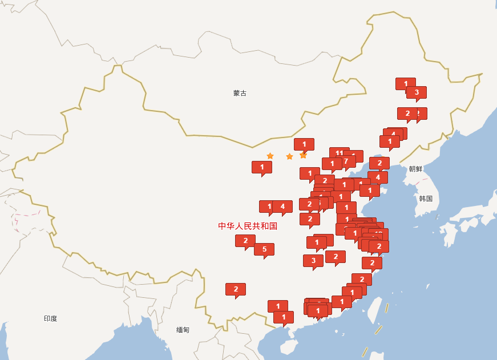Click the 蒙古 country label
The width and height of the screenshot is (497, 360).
tap(240, 93)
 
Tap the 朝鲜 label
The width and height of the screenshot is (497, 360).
tap(415, 169)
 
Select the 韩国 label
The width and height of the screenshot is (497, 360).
tap(426, 199)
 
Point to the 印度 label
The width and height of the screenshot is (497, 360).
tap(50, 318)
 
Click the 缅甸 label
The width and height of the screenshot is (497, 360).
tap(183, 330)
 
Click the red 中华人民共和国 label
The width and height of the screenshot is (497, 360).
tap(248, 226)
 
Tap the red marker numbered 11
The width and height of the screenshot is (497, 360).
tap(338, 153)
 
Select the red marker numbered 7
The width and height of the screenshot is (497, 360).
tap(346, 161)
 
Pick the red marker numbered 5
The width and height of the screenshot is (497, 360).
tap(264, 249)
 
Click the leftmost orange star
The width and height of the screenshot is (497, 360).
tap(270, 156)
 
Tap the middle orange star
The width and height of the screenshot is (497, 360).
tap(289, 156)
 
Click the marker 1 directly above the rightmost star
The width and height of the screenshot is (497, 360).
tap(304, 144)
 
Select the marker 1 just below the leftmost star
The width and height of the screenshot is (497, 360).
tap(261, 167)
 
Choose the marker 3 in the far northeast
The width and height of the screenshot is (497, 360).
tap(416, 92)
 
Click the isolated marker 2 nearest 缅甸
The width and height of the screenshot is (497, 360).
tap(235, 289)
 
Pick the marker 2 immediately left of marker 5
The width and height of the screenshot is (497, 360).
tap(245, 240)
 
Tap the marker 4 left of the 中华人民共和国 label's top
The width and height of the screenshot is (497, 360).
tap(282, 206)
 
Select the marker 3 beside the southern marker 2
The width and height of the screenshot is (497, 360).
tap(313, 260)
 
